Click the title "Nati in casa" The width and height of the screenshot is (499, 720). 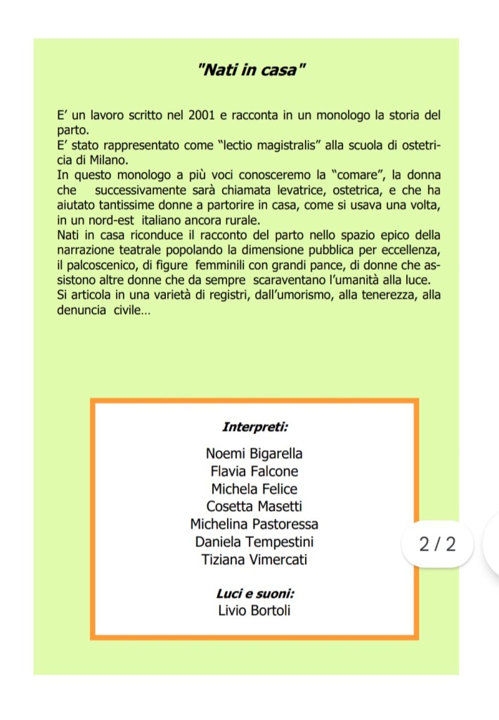(253, 70)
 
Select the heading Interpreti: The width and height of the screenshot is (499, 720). (254, 427)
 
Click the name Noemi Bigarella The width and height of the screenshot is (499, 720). (254, 454)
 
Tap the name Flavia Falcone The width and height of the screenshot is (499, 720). (254, 471)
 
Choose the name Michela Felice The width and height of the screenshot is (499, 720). (254, 489)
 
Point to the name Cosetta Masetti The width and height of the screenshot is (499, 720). (254, 506)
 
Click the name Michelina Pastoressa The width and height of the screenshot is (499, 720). (254, 524)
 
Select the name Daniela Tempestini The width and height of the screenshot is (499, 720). (254, 542)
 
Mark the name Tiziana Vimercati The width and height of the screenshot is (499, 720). (254, 560)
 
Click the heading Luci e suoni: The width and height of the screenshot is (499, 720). (254, 593)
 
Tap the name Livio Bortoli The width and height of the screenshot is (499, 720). (254, 610)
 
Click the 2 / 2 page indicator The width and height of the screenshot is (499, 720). (436, 544)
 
